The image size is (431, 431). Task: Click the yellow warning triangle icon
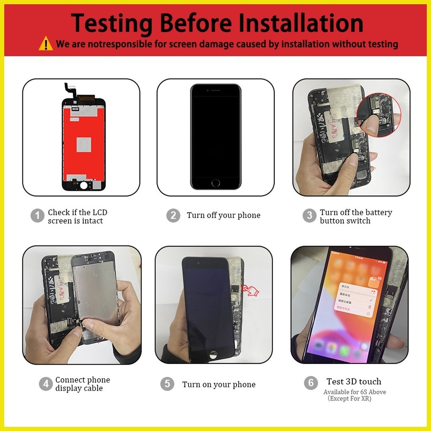(x=46, y=44)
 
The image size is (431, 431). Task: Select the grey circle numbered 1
(x=37, y=216)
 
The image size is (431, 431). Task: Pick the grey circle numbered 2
(x=173, y=215)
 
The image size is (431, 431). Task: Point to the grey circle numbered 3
(x=309, y=215)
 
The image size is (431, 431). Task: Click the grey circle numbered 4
(x=46, y=384)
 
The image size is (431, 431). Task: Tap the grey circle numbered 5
(x=167, y=384)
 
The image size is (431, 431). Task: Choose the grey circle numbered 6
(x=311, y=383)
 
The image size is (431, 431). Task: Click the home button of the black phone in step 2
(x=215, y=183)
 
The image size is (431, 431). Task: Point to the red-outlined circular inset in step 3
(x=379, y=115)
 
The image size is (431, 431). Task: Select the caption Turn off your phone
(x=224, y=215)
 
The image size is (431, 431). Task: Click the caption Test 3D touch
(x=354, y=382)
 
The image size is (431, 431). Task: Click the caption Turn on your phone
(x=219, y=385)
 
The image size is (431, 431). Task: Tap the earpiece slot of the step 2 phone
(x=216, y=90)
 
